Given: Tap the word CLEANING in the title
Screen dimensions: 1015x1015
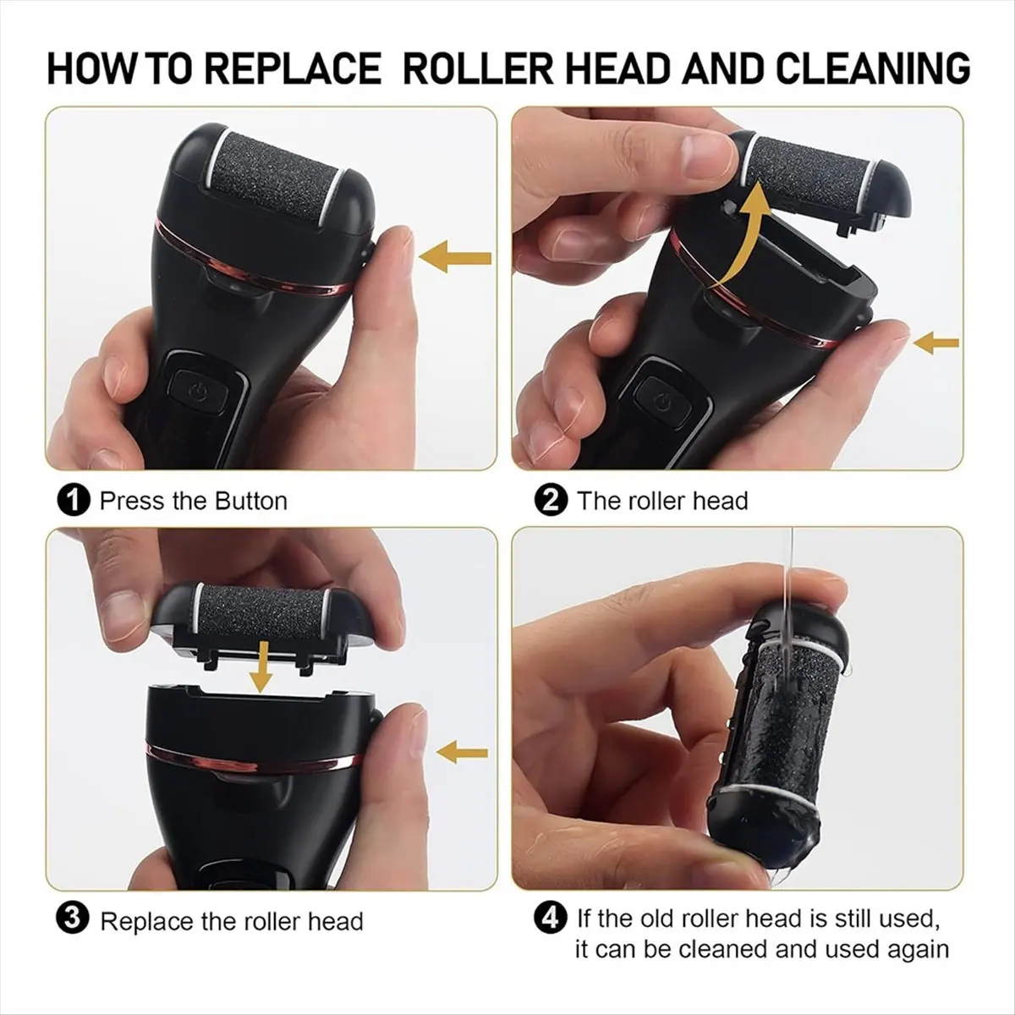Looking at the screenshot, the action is [872, 69].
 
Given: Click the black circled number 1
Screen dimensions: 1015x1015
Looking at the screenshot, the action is [74, 501].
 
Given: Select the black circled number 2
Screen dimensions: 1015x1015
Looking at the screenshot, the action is [551, 501].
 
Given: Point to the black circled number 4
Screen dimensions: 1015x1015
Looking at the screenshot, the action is [551, 919].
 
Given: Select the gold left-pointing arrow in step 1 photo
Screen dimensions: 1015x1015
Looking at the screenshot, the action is [455, 257].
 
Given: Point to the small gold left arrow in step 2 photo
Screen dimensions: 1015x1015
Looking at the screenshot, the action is [936, 343].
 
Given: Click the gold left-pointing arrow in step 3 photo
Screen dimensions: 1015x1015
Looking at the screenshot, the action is [462, 752].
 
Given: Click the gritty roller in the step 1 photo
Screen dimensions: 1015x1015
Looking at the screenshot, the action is [278, 179].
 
